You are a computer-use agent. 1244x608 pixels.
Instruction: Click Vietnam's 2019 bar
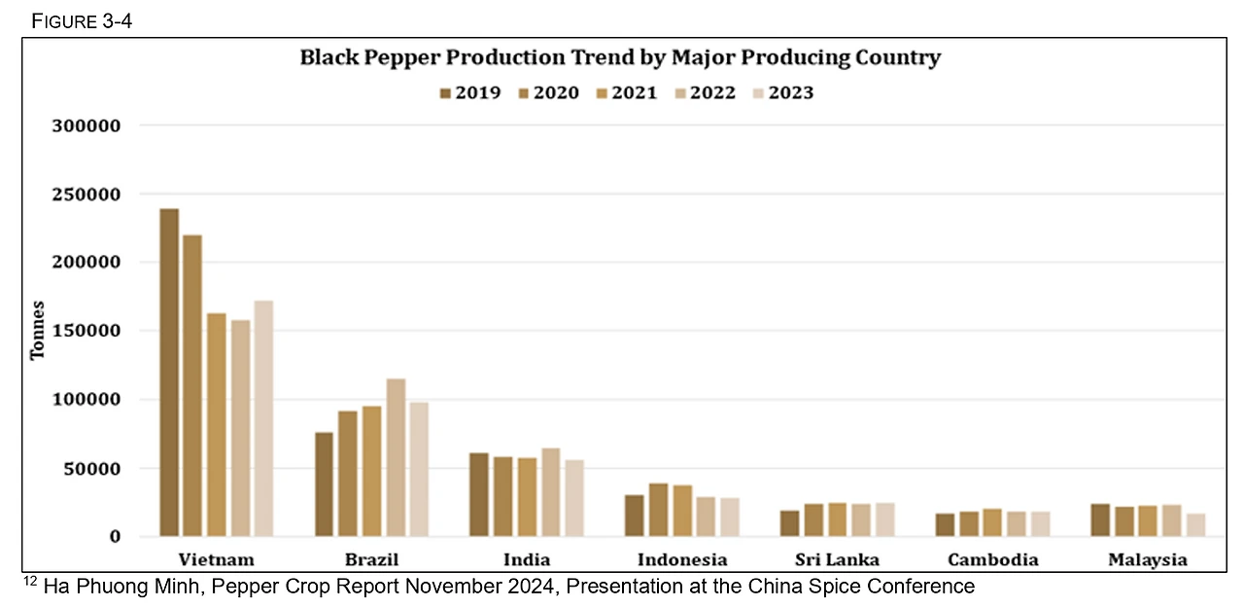click(x=169, y=372)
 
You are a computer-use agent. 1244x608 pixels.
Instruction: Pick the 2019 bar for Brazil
click(x=324, y=484)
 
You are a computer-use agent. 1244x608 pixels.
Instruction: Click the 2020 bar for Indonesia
click(x=659, y=510)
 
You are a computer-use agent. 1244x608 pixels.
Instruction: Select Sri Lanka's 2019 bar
click(x=790, y=523)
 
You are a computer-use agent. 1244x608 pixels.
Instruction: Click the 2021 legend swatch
click(x=603, y=93)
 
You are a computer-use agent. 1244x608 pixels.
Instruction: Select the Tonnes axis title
click(x=37, y=332)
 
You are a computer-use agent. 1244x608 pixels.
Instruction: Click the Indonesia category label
click(x=682, y=559)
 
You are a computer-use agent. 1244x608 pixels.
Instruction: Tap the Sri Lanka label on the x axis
click(x=837, y=559)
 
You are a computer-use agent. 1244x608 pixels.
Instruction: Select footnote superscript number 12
click(x=29, y=582)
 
